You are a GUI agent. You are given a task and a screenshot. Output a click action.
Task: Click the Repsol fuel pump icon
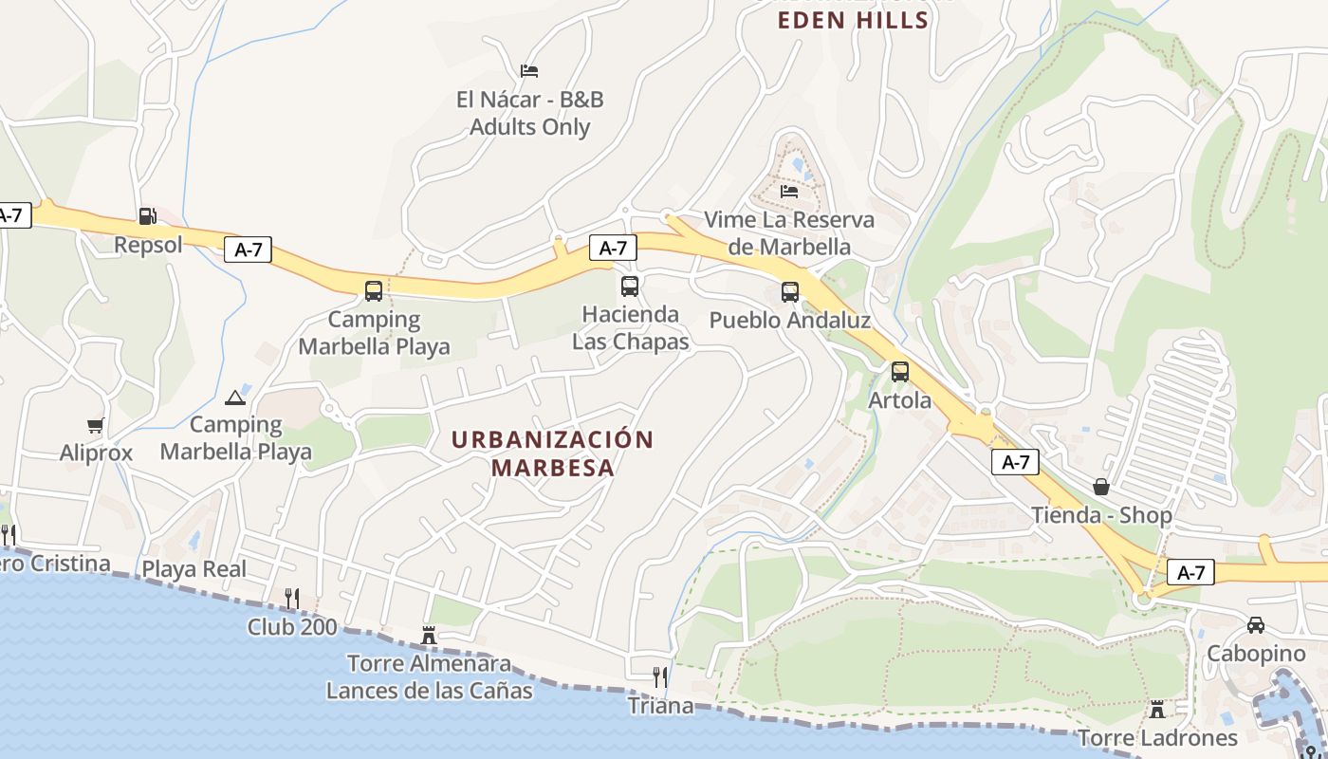[x=147, y=216]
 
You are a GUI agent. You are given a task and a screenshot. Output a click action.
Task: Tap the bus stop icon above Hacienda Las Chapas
[x=629, y=286]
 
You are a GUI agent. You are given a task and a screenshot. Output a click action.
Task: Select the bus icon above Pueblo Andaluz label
[x=789, y=292]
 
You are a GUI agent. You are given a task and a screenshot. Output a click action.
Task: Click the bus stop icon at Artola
[x=899, y=372]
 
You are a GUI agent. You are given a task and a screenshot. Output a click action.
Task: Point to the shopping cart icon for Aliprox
[x=95, y=425]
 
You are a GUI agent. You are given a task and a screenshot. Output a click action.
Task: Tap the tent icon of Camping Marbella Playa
[x=234, y=398]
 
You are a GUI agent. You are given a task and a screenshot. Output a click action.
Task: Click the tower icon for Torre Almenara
[x=429, y=635]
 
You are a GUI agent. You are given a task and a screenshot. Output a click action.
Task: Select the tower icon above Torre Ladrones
[x=1156, y=709]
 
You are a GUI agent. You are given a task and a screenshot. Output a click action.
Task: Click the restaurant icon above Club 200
[x=292, y=598]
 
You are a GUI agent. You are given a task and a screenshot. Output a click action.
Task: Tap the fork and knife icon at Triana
[x=660, y=676]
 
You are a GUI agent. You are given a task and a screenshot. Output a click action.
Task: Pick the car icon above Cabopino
[x=1255, y=625]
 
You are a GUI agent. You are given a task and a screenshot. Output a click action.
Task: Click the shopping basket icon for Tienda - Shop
[x=1101, y=487]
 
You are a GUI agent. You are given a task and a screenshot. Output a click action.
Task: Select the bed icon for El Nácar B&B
[x=529, y=71]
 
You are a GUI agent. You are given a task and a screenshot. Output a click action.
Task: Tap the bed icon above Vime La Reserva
[x=788, y=192]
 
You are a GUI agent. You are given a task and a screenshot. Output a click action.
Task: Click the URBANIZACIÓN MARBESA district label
[x=552, y=454]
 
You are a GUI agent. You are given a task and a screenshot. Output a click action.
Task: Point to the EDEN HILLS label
[x=853, y=21]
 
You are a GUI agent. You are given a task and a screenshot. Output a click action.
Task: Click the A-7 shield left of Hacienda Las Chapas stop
[x=613, y=249]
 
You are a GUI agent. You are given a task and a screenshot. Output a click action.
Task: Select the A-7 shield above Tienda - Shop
[x=1015, y=462]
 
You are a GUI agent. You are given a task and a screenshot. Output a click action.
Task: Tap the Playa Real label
[x=194, y=569]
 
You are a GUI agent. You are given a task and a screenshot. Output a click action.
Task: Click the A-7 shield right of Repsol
[x=248, y=250]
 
